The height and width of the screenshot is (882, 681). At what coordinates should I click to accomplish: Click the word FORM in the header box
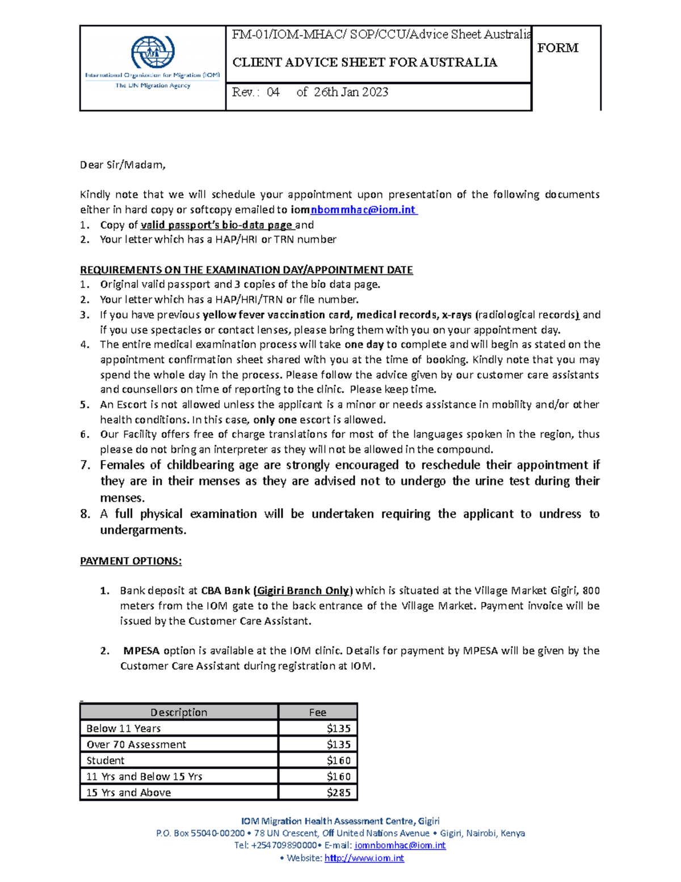click(557, 48)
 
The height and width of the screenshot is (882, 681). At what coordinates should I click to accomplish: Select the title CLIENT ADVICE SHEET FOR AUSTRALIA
click(365, 62)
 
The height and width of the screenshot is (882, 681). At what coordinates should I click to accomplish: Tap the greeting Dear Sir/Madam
click(123, 165)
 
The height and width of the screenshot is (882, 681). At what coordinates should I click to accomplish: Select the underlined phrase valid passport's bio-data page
click(217, 225)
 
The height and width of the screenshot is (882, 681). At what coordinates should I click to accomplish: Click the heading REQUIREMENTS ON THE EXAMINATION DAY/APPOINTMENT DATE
click(246, 270)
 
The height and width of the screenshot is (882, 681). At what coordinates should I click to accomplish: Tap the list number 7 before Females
click(85, 465)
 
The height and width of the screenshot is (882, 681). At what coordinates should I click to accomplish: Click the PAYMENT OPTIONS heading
click(131, 561)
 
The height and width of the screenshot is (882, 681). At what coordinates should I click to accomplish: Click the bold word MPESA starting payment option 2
click(141, 651)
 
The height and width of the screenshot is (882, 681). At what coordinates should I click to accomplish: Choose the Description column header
click(179, 712)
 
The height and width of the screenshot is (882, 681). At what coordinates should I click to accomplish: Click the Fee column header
click(317, 712)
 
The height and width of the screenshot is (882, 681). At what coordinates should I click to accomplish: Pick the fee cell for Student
click(318, 760)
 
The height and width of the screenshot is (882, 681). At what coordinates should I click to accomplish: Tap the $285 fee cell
click(318, 792)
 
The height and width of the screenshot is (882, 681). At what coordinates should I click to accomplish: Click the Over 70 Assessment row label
click(136, 745)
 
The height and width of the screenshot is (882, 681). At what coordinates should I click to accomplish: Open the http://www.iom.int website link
click(364, 858)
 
